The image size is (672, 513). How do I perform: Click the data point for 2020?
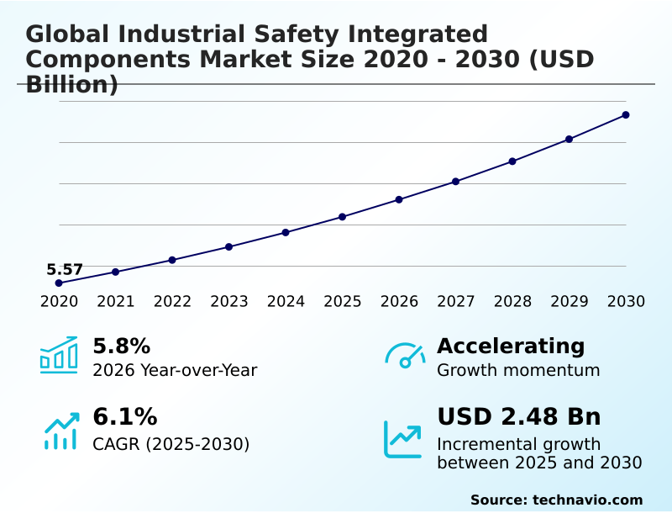[59, 283]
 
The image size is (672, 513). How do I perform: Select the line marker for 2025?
[343, 217]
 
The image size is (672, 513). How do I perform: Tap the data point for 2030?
[626, 114]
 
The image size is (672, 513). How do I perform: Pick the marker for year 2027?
[456, 182]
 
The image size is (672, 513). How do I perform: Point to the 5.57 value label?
[65, 270]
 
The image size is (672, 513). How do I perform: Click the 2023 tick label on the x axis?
[229, 302]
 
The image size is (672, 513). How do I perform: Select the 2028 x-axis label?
[512, 302]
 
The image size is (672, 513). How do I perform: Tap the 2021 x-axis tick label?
[116, 302]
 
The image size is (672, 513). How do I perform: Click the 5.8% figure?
[121, 346]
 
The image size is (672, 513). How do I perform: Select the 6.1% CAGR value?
[124, 417]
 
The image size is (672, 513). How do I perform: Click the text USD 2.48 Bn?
[519, 417]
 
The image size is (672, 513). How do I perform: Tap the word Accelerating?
[511, 346]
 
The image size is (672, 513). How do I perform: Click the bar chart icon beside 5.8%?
[59, 355]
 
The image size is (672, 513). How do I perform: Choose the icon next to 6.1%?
[60, 431]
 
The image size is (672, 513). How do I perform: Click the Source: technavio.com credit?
[556, 500]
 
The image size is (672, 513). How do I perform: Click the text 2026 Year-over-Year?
[175, 371]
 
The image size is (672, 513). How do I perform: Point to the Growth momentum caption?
[518, 371]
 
